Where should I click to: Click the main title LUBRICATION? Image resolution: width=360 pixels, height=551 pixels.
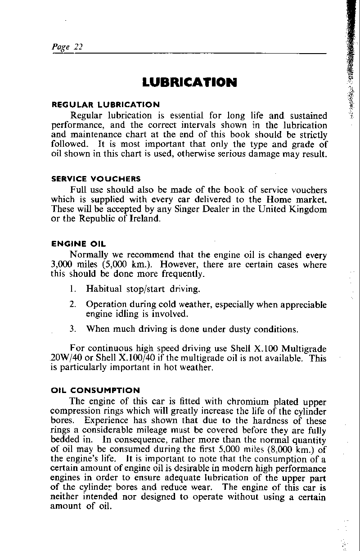pyautogui.click(x=189, y=82)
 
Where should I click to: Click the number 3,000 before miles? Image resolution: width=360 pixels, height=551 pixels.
pyautogui.click(x=60, y=265)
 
